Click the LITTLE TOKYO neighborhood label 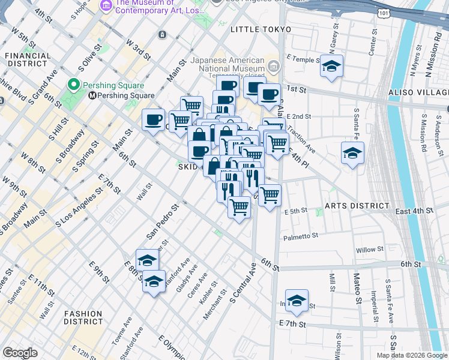(261, 29)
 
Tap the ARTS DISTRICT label (357, 206)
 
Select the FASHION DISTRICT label (83, 317)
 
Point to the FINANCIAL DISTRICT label (28, 59)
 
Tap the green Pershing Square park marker (75, 84)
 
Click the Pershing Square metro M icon (92, 95)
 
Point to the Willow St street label (370, 249)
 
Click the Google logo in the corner (20, 353)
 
